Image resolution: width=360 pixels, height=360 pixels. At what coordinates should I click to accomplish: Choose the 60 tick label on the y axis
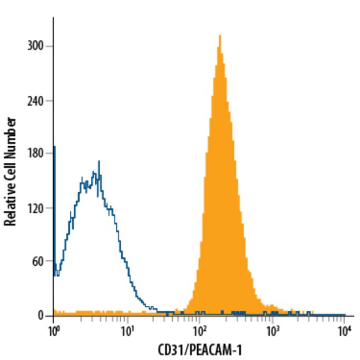pyautogui.click(x=38, y=262)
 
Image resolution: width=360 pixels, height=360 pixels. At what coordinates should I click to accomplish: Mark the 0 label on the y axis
pyautogui.click(x=40, y=316)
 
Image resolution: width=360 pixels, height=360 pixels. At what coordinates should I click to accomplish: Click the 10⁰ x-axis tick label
pyautogui.click(x=53, y=332)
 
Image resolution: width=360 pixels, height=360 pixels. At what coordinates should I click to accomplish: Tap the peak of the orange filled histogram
pyautogui.click(x=220, y=36)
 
